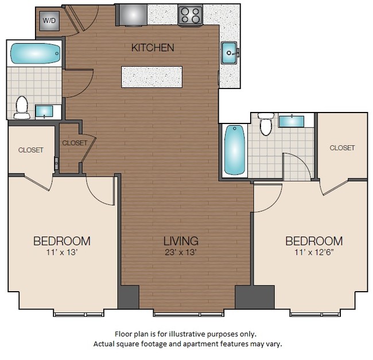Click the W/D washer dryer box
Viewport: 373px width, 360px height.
pos(48,21)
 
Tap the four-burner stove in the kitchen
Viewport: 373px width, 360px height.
pos(190,15)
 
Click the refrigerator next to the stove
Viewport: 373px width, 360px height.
pos(131,14)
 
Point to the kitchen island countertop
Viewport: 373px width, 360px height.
pos(152,77)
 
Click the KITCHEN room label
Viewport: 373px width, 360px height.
pos(153,48)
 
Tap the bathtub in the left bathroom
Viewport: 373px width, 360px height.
pos(35,55)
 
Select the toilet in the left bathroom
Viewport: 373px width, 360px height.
pos(22,107)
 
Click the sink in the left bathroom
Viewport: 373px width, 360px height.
pos(43,111)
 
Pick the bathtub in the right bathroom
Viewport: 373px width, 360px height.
pos(234,150)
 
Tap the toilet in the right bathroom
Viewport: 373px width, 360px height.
pos(265,123)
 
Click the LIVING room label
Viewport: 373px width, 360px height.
pos(180,241)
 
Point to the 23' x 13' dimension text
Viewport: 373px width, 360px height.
pos(180,251)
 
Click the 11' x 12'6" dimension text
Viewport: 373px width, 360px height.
pos(314,252)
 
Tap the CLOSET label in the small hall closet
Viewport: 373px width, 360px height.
pos(75,143)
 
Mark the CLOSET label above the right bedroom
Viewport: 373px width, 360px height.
pos(342,148)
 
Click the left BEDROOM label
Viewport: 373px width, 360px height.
pos(61,241)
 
